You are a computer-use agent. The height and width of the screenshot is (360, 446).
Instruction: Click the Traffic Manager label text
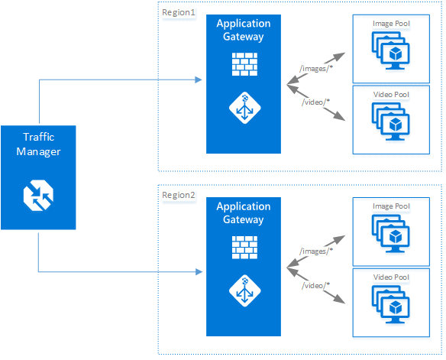click(38, 144)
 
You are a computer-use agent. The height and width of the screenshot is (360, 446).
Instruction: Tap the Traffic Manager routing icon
click(38, 194)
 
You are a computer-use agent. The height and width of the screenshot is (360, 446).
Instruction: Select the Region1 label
click(179, 13)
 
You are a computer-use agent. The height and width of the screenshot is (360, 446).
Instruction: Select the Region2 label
click(179, 196)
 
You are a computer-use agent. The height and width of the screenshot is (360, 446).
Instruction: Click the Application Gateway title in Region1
click(244, 30)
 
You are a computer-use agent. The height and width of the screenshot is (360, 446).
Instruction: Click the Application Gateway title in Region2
click(244, 213)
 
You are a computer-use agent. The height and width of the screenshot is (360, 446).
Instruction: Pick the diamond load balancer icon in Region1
click(244, 109)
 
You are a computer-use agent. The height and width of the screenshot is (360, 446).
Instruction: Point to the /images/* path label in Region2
click(315, 251)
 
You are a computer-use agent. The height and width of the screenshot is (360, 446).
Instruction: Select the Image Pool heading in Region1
click(391, 24)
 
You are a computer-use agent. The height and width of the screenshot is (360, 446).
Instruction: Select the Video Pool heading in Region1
click(391, 95)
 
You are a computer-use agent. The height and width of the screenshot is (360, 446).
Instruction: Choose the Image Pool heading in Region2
click(391, 206)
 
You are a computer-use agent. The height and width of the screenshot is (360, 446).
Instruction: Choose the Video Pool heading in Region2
click(391, 277)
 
